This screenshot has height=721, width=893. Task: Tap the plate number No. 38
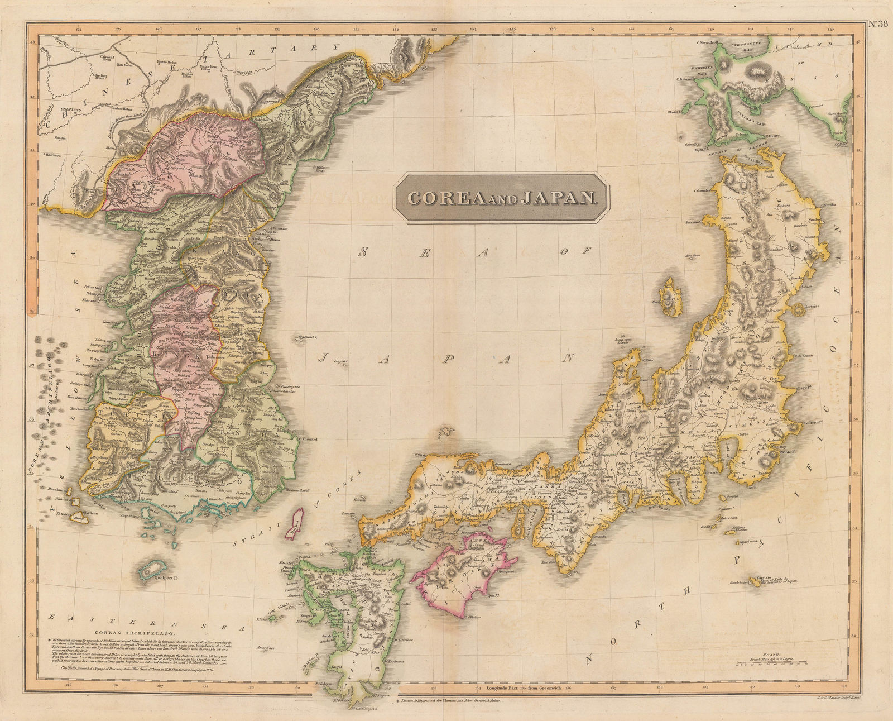tap(879, 23)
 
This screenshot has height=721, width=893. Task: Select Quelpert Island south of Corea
tap(150, 570)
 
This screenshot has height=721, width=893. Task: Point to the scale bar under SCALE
tap(774, 664)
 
